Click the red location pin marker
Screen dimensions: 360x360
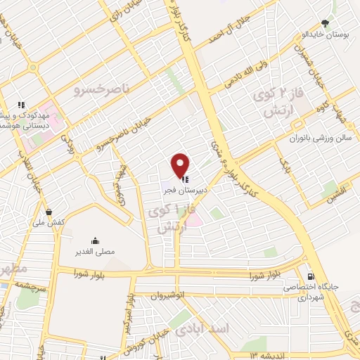(x=181, y=165)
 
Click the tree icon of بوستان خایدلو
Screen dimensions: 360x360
(x=324, y=23)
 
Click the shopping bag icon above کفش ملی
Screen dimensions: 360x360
(x=48, y=212)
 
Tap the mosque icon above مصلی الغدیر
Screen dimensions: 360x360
(x=96, y=240)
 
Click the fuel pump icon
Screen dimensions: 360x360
(x=307, y=275)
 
